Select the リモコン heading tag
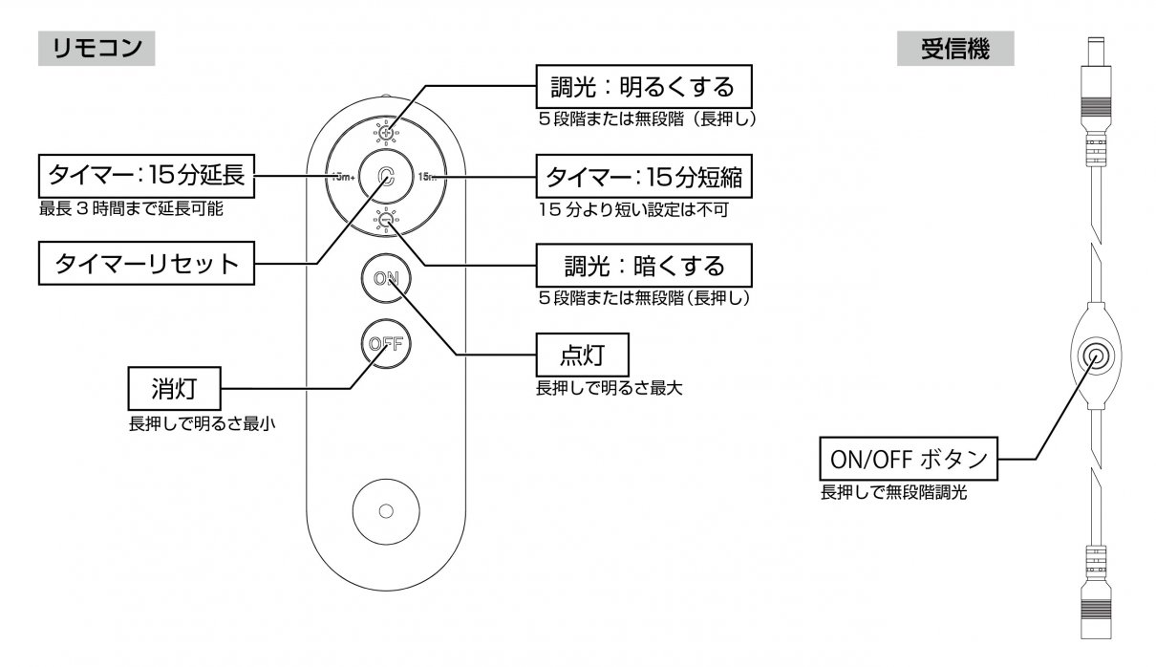click(96, 47)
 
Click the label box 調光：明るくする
click(641, 88)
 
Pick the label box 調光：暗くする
click(641, 264)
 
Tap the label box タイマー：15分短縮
click(642, 177)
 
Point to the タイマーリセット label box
click(146, 264)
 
